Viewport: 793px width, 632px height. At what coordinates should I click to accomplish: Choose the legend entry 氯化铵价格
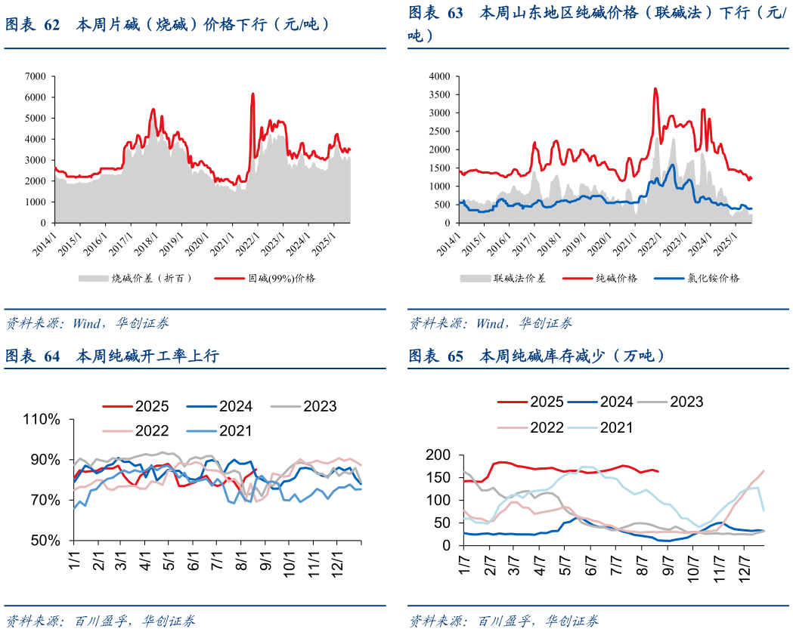point(711,278)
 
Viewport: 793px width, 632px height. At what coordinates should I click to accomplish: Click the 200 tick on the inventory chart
point(439,455)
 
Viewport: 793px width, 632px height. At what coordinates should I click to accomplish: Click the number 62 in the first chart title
point(51,24)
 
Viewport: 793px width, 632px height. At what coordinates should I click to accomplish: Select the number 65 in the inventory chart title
point(455,356)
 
